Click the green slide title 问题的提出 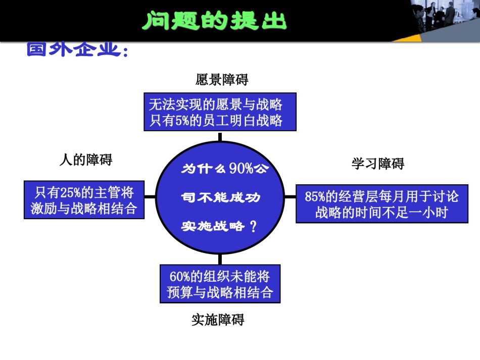click(214, 21)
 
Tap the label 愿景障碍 click(222, 80)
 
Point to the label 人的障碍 click(86, 160)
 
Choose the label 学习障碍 click(378, 164)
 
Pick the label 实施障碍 click(218, 320)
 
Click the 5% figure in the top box click(182, 121)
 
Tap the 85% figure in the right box click(315, 196)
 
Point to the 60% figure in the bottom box click(180, 277)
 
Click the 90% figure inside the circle click(242, 168)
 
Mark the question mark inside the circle click(253, 227)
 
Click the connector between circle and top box click(220, 136)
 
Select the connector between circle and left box click(150, 196)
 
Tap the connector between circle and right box click(290, 196)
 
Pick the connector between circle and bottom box click(220, 259)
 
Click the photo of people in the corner click(446, 18)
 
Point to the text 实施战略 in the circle click(213, 226)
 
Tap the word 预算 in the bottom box click(180, 292)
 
